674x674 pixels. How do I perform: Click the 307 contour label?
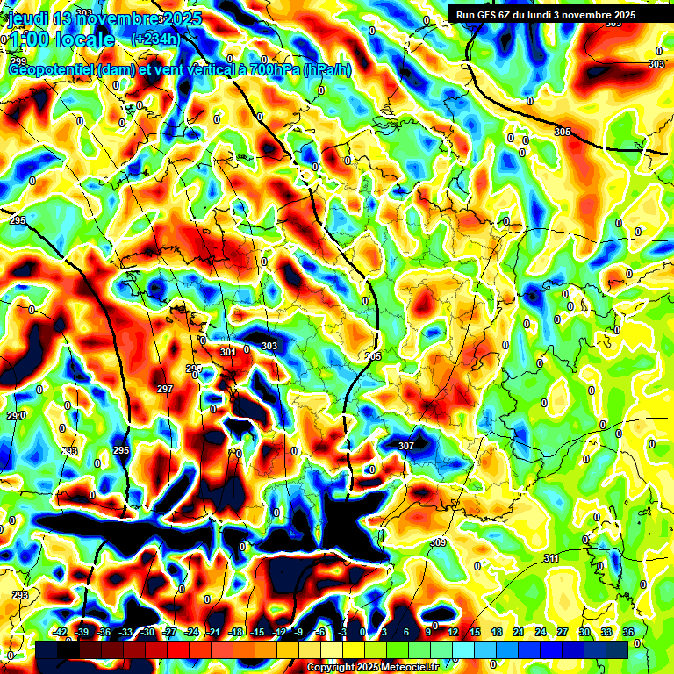pyautogui.click(x=405, y=446)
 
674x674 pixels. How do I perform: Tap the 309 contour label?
pyautogui.click(x=438, y=543)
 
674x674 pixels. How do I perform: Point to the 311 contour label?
pyautogui.click(x=551, y=558)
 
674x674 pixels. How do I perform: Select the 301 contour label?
pyautogui.click(x=228, y=352)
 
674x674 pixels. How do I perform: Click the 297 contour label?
pyautogui.click(x=164, y=389)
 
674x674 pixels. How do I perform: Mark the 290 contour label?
pyautogui.click(x=15, y=415)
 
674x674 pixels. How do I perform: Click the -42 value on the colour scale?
pyautogui.click(x=61, y=632)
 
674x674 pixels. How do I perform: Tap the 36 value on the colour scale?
pyautogui.click(x=628, y=632)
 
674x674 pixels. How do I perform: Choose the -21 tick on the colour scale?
pyautogui.click(x=213, y=632)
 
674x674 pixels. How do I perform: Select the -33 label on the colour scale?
pyautogui.click(x=125, y=632)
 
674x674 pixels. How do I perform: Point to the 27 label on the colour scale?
pyautogui.click(x=563, y=632)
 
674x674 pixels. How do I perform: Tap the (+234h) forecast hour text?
pyautogui.click(x=156, y=39)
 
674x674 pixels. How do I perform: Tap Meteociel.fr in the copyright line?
pyautogui.click(x=404, y=668)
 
